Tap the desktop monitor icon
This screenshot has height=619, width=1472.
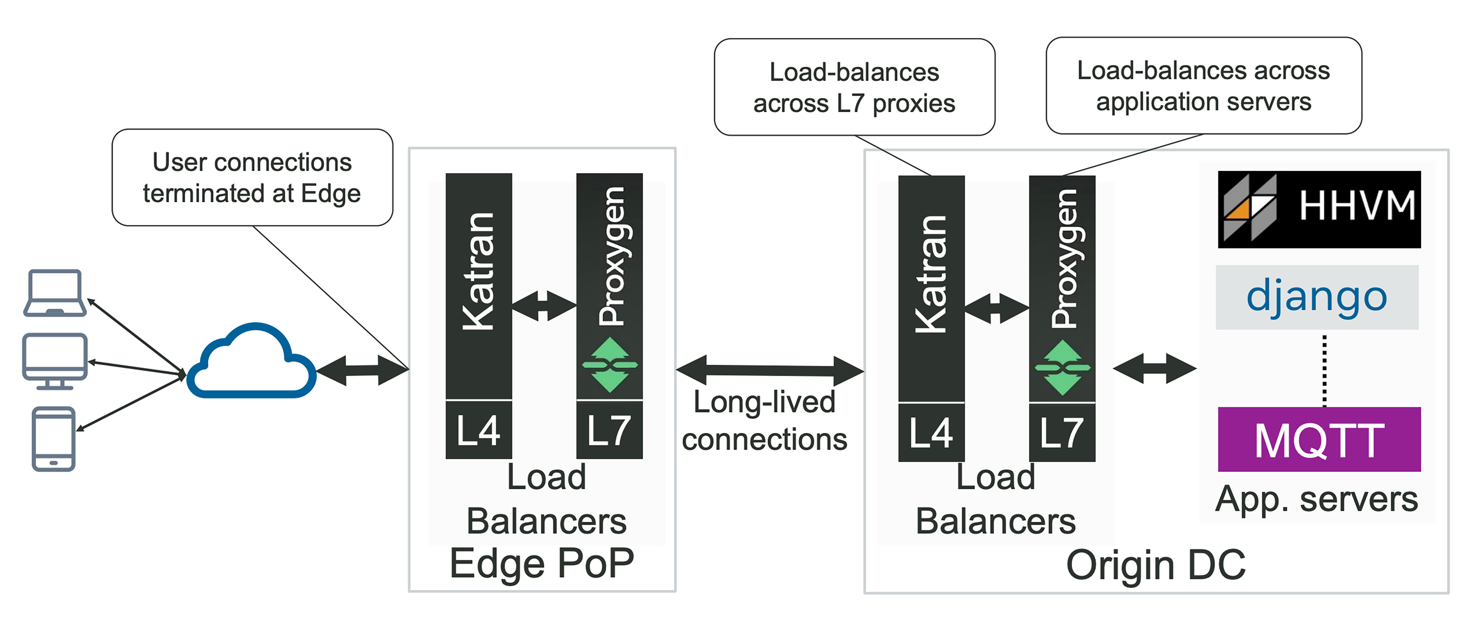[x=55, y=360]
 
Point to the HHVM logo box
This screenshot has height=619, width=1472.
[x=1319, y=209]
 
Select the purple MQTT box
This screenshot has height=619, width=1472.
[x=1319, y=439]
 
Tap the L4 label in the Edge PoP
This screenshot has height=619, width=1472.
[x=478, y=430]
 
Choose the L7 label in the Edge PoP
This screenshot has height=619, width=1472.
[x=609, y=430]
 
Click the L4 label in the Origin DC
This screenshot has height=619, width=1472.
[x=931, y=432]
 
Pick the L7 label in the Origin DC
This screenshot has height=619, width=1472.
[x=1062, y=432]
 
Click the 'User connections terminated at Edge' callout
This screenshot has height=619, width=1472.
[x=252, y=178]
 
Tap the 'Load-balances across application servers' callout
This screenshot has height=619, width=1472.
[x=1203, y=86]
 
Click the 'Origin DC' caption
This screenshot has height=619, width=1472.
[x=1156, y=565]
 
